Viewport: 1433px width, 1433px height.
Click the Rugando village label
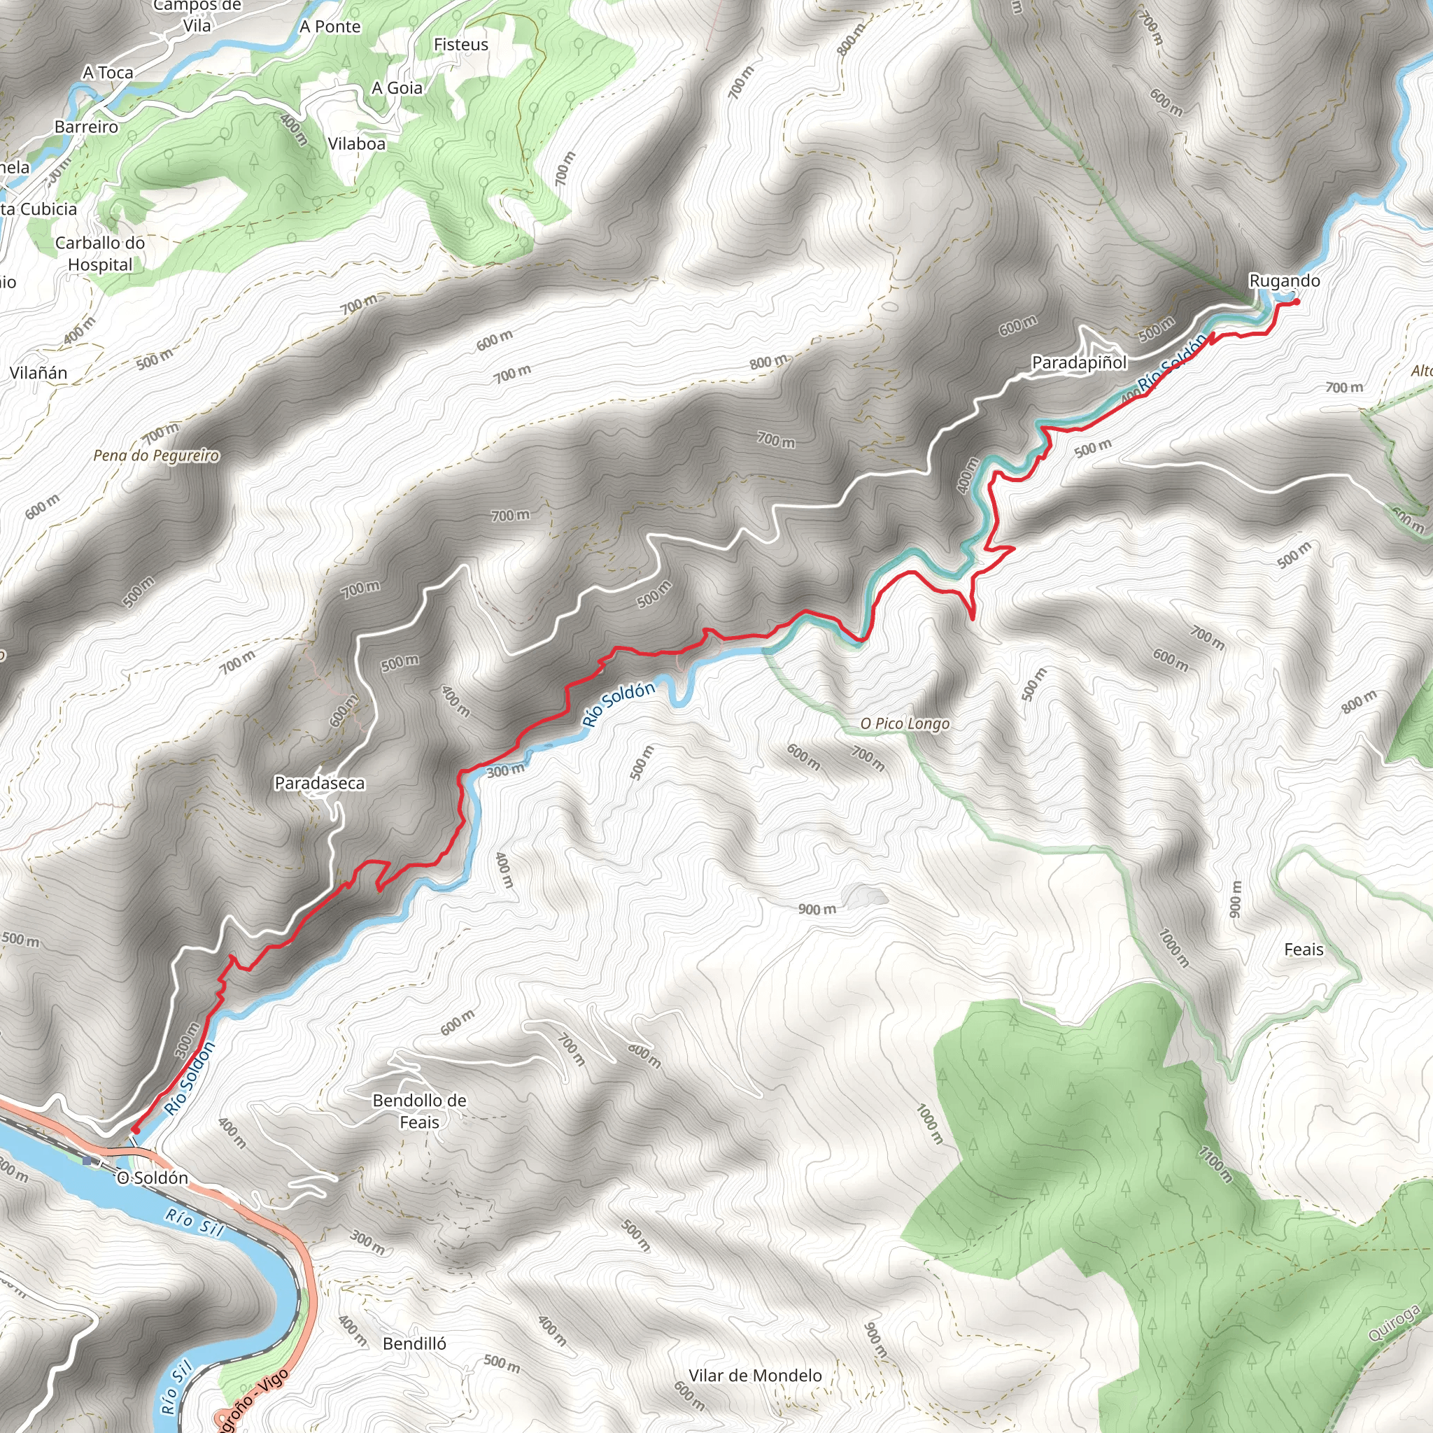pos(1285,281)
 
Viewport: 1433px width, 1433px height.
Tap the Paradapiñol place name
pos(1079,362)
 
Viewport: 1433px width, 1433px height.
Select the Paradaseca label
pos(320,783)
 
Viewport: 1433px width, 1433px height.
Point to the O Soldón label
pos(153,1178)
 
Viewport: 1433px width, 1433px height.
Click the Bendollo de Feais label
pos(420,1111)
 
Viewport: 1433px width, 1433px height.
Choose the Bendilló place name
pos(415,1343)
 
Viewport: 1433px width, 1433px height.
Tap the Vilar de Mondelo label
pos(755,1376)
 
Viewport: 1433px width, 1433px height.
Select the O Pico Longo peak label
pos(905,723)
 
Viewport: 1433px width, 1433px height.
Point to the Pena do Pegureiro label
pos(157,456)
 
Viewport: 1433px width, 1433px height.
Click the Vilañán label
pos(38,373)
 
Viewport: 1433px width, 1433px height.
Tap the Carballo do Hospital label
pos(100,254)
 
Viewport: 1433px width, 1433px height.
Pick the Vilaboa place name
pos(357,144)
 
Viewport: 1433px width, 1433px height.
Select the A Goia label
pos(397,88)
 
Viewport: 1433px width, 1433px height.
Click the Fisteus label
pos(461,45)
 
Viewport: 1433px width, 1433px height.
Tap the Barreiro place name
pos(86,127)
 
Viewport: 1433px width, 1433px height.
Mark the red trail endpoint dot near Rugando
pos(1296,301)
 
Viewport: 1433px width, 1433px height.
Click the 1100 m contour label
pos(1215,1163)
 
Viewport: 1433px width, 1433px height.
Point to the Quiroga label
pos(1395,1324)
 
